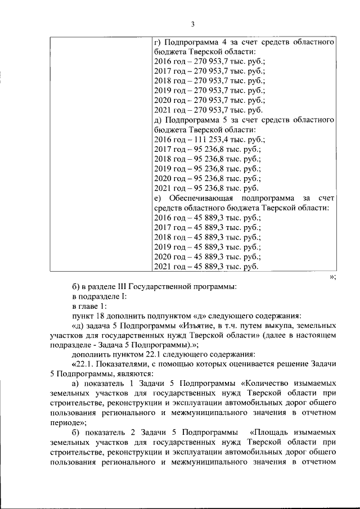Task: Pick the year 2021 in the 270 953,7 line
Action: click(163, 110)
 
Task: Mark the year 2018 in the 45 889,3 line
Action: click(163, 237)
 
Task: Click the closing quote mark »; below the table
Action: click(332, 276)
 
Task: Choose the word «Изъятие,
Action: click(213, 326)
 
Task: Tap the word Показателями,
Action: click(120, 364)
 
